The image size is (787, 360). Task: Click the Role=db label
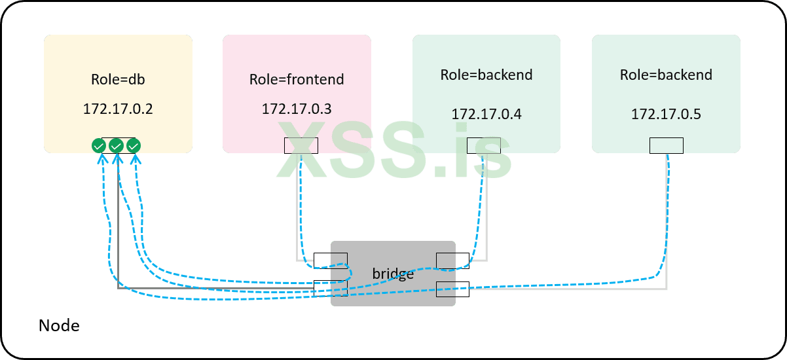click(118, 80)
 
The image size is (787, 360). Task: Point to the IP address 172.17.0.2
click(118, 109)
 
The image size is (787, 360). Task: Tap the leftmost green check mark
click(99, 146)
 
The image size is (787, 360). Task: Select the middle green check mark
click(117, 146)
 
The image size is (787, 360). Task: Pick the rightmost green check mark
click(134, 146)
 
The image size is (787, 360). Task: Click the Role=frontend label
click(297, 80)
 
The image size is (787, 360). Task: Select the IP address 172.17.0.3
click(297, 109)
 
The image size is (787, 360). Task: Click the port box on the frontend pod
click(301, 145)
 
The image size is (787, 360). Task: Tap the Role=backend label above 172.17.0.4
click(486, 75)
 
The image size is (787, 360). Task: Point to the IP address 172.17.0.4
click(486, 115)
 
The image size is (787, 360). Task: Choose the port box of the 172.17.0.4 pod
click(484, 145)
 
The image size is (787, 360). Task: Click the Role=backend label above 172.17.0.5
click(666, 75)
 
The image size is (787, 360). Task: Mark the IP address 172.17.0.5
click(666, 115)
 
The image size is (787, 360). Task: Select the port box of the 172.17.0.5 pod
click(666, 145)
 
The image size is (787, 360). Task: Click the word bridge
click(393, 274)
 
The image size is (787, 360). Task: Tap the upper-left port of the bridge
click(331, 260)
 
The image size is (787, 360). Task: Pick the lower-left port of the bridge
click(331, 288)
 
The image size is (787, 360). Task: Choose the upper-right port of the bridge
click(452, 260)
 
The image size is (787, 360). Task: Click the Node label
click(59, 325)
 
